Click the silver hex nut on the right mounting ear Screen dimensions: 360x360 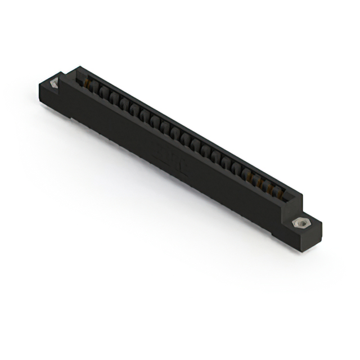pyautogui.click(x=302, y=223)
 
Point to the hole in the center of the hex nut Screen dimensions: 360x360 pyautogui.click(x=302, y=223)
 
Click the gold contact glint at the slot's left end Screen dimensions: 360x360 pyautogui.click(x=87, y=84)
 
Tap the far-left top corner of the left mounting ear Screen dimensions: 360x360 pyautogui.click(x=40, y=85)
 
